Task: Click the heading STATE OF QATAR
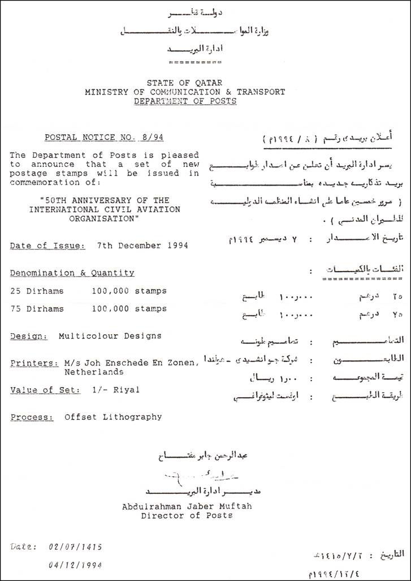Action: [x=185, y=83]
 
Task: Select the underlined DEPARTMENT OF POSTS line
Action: [x=185, y=101]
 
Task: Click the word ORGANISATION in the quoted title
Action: [x=105, y=218]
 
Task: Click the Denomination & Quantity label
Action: [x=72, y=273]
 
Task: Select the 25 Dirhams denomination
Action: [x=37, y=291]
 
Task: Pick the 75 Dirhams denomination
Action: [x=37, y=309]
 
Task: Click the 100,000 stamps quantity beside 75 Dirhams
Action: [x=129, y=309]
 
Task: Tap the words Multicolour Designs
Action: [x=110, y=335]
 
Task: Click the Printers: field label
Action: [x=34, y=363]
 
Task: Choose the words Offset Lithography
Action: [x=113, y=417]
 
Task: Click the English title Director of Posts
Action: [x=187, y=516]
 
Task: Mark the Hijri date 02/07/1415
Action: [x=75, y=547]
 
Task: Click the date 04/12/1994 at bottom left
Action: [x=75, y=565]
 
